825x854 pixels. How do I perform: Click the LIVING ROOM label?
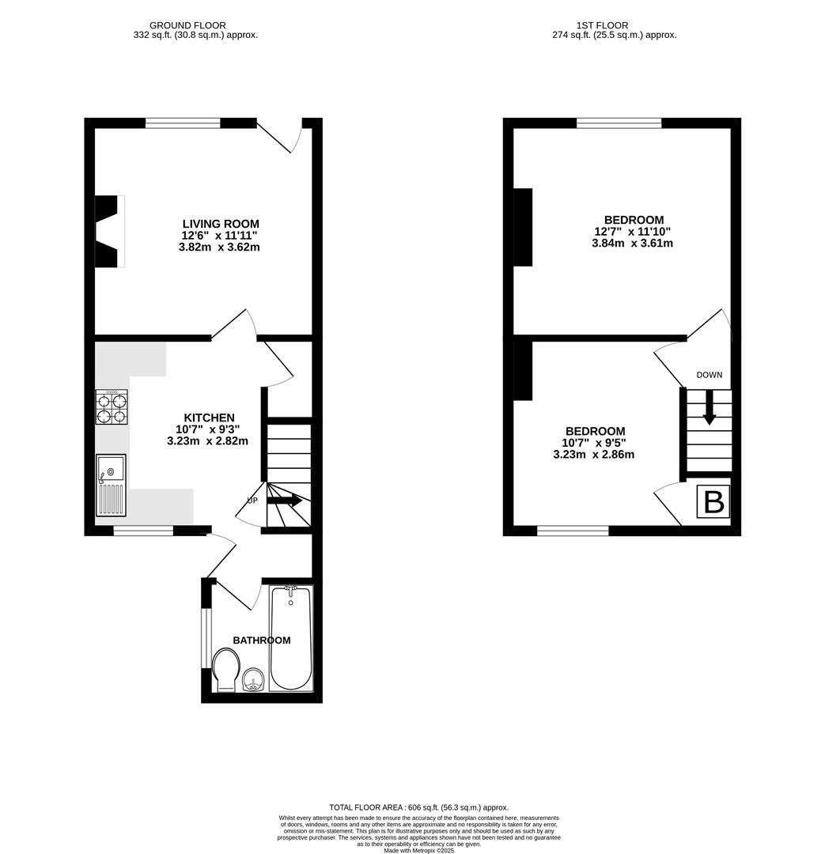pos(221,224)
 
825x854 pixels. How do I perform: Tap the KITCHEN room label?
pos(209,418)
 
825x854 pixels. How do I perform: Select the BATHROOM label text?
pos(261,640)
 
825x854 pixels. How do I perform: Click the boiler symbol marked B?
pos(713,503)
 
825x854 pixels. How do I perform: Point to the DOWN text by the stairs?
pos(709,375)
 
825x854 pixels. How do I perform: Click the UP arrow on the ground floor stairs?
pos(285,501)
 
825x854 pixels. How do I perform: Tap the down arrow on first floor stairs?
pos(710,409)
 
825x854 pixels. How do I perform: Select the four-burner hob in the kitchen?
pos(112,407)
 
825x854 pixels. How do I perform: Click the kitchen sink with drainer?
pos(111,486)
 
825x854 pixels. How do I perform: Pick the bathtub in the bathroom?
pos(291,638)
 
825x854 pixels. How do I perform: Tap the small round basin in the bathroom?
pos(254,679)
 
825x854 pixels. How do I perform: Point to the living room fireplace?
pos(108,231)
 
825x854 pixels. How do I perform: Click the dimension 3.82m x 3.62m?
pos(219,247)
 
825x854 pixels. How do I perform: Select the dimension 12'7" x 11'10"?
pos(634,232)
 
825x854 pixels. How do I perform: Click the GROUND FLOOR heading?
pos(187,25)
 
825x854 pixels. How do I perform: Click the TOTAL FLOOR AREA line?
pos(418,807)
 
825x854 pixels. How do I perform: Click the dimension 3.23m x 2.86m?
pos(593,455)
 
